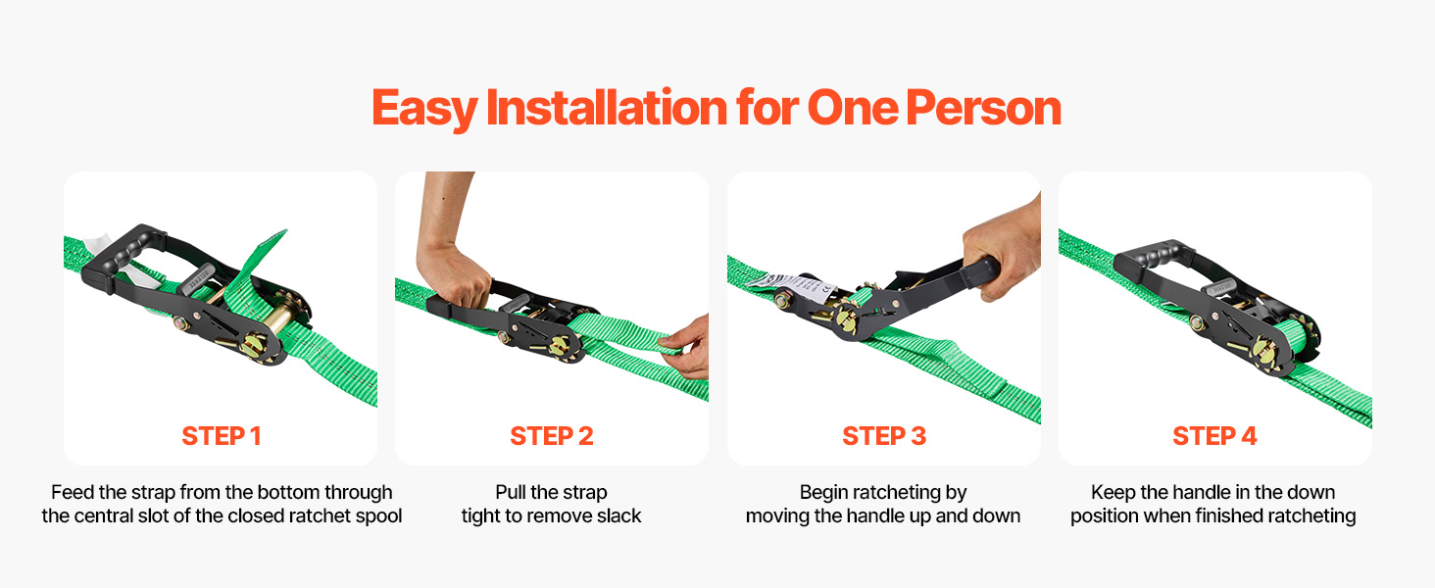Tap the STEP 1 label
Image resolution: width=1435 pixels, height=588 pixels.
222,436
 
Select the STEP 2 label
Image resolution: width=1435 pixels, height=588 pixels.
552,436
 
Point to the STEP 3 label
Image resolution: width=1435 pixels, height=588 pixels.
884,436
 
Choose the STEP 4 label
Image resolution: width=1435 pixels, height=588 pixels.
1214,436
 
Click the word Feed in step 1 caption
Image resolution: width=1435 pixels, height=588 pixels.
73,492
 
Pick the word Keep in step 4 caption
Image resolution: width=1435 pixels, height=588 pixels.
1113,492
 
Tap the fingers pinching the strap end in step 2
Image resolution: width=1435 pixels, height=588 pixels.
684,346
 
